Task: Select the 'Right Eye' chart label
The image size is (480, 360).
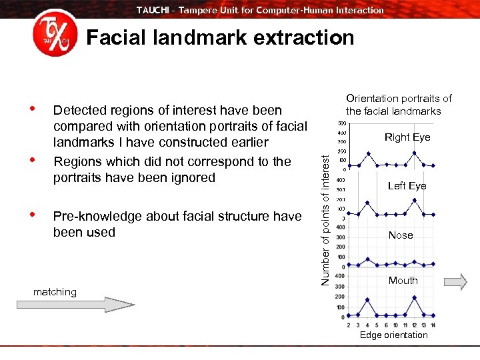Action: pyautogui.click(x=407, y=137)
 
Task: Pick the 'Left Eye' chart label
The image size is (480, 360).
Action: pyautogui.click(x=407, y=186)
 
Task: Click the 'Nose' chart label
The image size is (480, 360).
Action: pyautogui.click(x=401, y=235)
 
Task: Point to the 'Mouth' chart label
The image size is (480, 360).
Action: pyautogui.click(x=403, y=281)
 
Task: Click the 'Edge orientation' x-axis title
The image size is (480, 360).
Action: pyautogui.click(x=393, y=335)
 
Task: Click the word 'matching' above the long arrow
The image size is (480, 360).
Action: pyautogui.click(x=55, y=291)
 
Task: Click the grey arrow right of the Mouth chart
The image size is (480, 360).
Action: pyautogui.click(x=455, y=281)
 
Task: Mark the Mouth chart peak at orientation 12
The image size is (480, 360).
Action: pyautogui.click(x=415, y=298)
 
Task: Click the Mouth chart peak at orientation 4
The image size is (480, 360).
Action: pyautogui.click(x=367, y=300)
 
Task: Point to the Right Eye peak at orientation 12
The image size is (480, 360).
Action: pyautogui.click(x=415, y=153)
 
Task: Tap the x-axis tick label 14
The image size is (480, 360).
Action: pyautogui.click(x=433, y=325)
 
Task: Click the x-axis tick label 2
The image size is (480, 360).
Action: pyautogui.click(x=349, y=325)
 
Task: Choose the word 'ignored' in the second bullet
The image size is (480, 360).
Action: pyautogui.click(x=193, y=177)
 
